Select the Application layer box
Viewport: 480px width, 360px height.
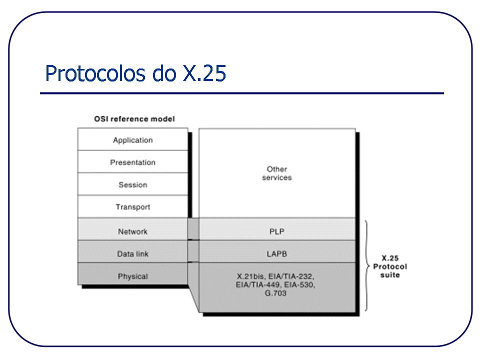132,140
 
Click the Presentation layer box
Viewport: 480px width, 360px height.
132,162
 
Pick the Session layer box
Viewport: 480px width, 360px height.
132,184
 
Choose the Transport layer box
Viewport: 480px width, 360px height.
132,207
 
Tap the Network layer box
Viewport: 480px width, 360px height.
132,231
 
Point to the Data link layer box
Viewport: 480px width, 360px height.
132,254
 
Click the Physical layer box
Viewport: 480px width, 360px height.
132,276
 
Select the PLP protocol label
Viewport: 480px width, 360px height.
276,231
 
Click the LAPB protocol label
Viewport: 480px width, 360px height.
276,254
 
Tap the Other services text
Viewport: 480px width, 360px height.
276,173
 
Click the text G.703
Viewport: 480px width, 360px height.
276,293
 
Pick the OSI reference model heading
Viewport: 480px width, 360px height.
134,119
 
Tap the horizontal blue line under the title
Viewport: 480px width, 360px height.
241,93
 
